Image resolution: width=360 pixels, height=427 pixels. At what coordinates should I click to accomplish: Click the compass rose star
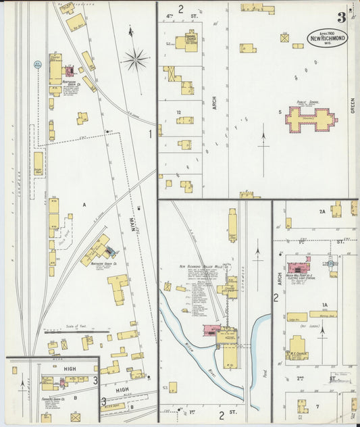pyautogui.click(x=135, y=59)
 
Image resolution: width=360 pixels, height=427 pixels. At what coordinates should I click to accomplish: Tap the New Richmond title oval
pyautogui.click(x=328, y=39)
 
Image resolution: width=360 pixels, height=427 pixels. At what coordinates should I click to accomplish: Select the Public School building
pyautogui.click(x=310, y=119)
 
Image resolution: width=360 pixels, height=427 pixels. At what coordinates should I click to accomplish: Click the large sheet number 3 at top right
pyautogui.click(x=342, y=18)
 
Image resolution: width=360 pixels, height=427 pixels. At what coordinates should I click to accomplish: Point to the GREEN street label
pyautogui.click(x=353, y=105)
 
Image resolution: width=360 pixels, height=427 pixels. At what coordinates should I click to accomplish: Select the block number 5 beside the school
pyautogui.click(x=279, y=111)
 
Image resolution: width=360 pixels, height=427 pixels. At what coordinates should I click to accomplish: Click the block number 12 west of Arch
pyautogui.click(x=179, y=112)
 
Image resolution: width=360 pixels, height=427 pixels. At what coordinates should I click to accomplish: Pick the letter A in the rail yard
pyautogui.click(x=84, y=203)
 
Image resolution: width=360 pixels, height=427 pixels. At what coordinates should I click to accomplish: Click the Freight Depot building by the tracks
pyautogui.click(x=38, y=162)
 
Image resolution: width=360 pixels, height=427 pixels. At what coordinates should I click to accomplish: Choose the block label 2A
pyautogui.click(x=322, y=211)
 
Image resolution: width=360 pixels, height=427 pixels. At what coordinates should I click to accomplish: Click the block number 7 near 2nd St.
pyautogui.click(x=317, y=406)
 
